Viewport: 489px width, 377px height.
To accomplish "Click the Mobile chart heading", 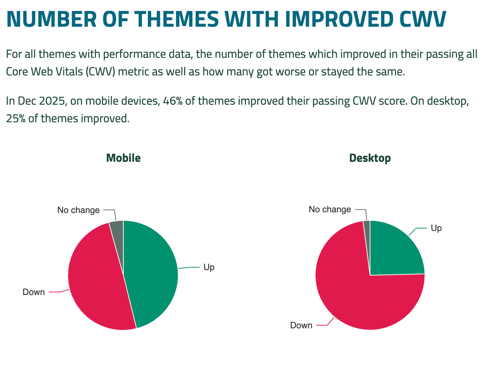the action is point(123,158).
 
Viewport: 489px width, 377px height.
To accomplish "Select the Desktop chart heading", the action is point(370,158).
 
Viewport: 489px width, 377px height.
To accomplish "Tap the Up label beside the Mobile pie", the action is point(209,268).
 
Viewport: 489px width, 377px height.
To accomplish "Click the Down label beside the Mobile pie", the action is point(34,292).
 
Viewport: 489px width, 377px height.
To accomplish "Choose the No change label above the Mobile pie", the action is point(78,210).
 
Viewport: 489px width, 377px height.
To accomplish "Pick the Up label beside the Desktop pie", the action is point(436,228).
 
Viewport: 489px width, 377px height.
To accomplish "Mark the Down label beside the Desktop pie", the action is point(301,325).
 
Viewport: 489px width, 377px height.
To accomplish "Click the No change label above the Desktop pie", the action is point(330,209).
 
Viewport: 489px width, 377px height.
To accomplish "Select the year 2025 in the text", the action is point(52,101).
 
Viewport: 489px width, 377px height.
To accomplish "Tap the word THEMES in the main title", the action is point(176,19).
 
